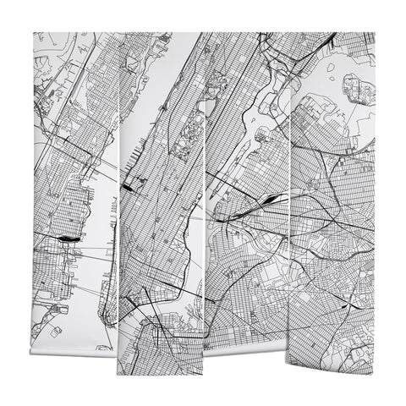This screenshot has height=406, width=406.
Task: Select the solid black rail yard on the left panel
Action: tap(68, 239)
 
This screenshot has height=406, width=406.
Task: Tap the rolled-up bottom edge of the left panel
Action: tap(76, 351)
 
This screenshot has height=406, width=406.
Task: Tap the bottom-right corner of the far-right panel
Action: tap(372, 372)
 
